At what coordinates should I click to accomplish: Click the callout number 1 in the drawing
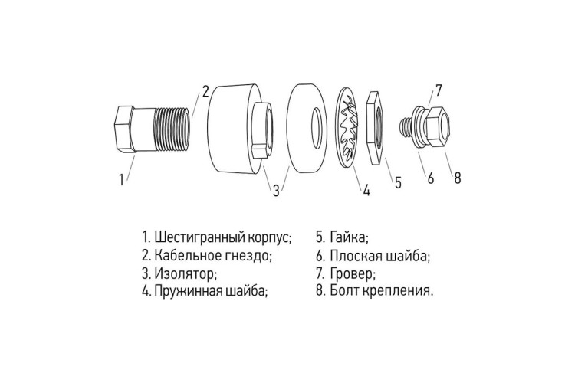(x=120, y=181)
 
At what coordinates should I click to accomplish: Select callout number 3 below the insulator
(x=275, y=191)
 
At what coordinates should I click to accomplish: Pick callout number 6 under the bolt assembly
(x=431, y=178)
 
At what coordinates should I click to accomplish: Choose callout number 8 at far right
(x=457, y=178)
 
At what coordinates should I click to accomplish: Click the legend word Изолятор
(x=185, y=273)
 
